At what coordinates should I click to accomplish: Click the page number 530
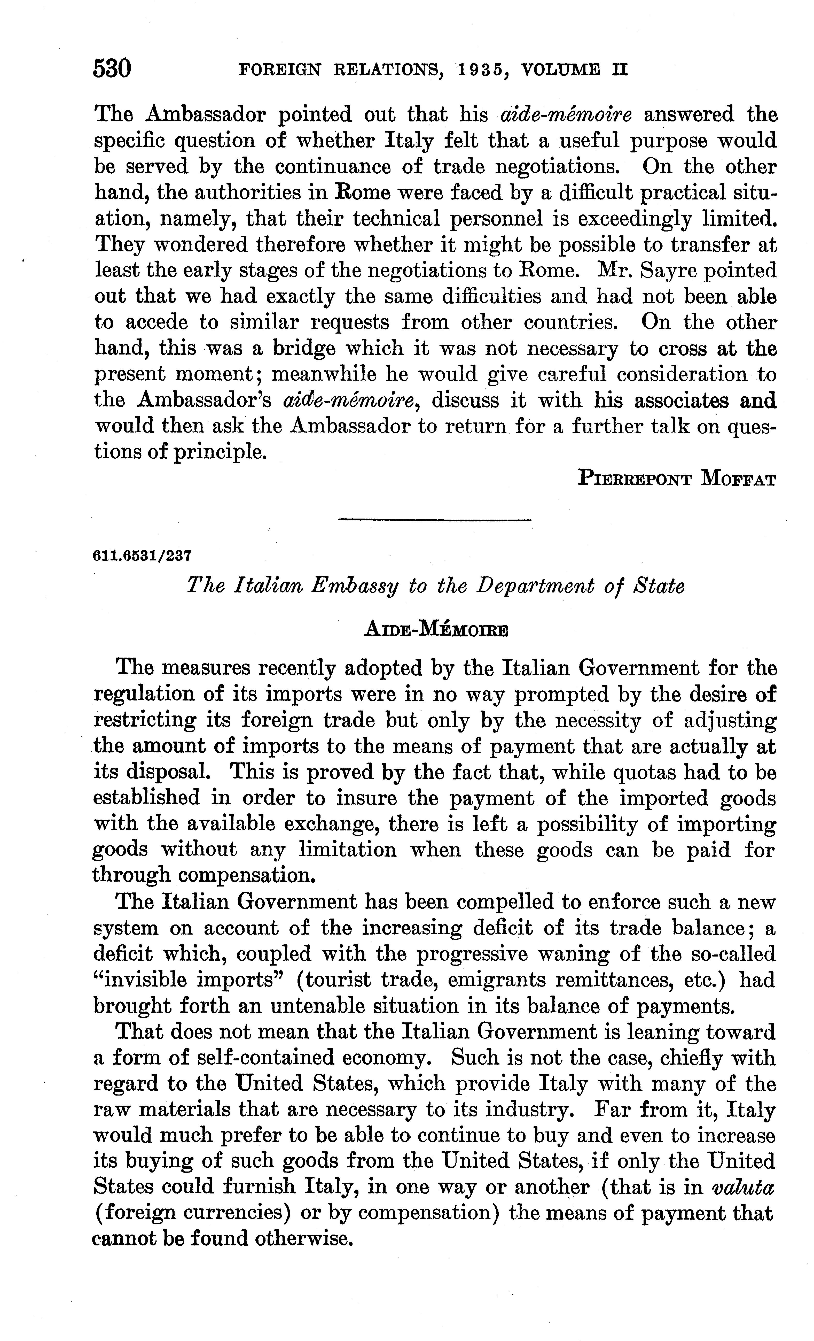pyautogui.click(x=113, y=70)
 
